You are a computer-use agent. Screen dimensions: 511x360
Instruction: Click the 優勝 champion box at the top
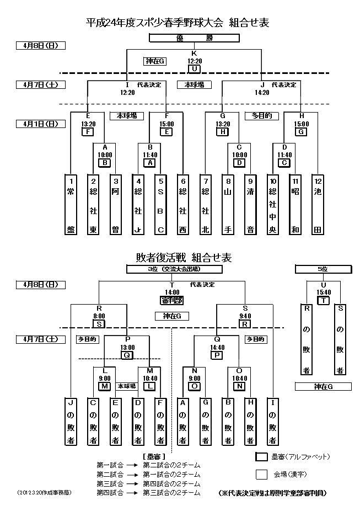194,38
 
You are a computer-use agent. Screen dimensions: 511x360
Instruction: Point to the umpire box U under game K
194,69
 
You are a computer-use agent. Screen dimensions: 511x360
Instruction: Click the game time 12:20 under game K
194,61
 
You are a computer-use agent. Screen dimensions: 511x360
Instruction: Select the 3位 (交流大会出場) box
174,269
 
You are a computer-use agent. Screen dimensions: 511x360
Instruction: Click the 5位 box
323,269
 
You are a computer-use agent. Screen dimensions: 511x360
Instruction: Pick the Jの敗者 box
71,420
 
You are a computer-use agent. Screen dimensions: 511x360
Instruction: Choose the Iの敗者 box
272,420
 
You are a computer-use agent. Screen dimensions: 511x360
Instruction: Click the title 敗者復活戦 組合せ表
184,257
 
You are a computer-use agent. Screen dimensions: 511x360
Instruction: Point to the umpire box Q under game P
127,355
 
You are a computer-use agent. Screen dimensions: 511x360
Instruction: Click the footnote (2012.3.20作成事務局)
44,492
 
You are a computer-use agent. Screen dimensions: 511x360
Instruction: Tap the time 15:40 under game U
323,292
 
